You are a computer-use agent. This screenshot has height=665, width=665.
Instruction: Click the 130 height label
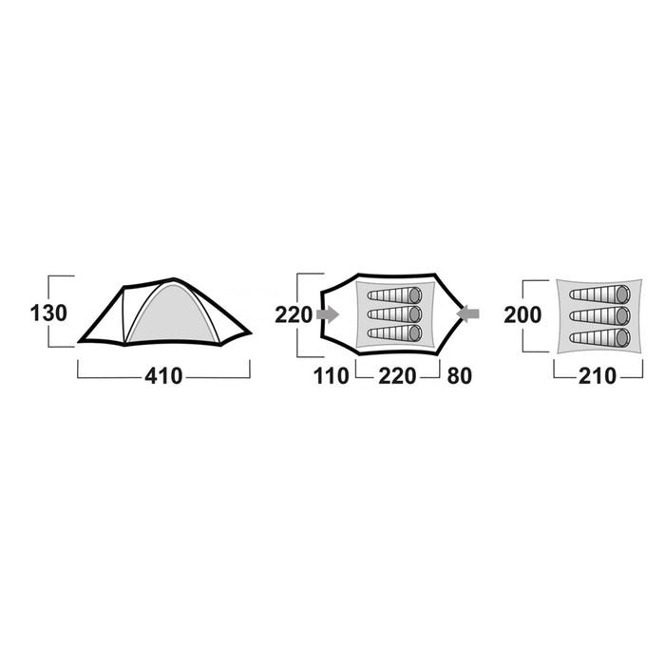(x=48, y=313)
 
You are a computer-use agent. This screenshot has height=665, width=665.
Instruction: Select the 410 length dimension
(x=163, y=376)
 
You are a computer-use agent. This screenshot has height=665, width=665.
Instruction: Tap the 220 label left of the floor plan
(x=294, y=314)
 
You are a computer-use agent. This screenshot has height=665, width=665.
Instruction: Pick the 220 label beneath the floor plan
(x=397, y=376)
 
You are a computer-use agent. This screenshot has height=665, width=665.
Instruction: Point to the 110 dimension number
(x=332, y=376)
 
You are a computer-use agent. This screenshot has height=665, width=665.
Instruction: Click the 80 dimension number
(x=459, y=376)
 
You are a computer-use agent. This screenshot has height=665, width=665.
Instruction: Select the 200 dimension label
(x=522, y=315)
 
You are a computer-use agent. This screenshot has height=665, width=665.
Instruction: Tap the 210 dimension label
(x=598, y=376)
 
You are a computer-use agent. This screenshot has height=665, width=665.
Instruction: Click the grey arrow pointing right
(x=328, y=314)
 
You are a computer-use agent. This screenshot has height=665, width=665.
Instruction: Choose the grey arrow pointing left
(x=468, y=313)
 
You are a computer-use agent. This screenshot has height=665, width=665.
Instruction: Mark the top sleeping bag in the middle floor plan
(x=394, y=294)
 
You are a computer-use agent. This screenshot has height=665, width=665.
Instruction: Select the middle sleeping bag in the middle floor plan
(x=394, y=313)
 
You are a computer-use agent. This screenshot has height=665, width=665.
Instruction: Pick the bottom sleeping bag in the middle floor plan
(x=394, y=332)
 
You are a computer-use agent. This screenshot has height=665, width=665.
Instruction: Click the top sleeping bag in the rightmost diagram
(x=599, y=294)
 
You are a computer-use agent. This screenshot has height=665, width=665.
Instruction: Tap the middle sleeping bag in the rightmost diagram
(x=599, y=316)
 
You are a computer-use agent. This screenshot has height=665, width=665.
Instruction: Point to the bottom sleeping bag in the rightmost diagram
(x=599, y=337)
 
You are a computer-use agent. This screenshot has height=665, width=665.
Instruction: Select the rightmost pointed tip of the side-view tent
(x=251, y=332)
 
